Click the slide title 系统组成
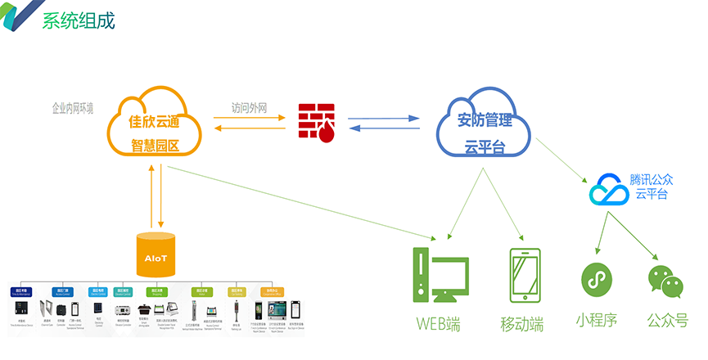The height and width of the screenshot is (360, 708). tap(79, 20)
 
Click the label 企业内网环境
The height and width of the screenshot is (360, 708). tap(73, 108)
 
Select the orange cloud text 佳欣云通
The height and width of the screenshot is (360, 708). tap(155, 122)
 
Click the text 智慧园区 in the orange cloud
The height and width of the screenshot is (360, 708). tap(155, 146)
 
